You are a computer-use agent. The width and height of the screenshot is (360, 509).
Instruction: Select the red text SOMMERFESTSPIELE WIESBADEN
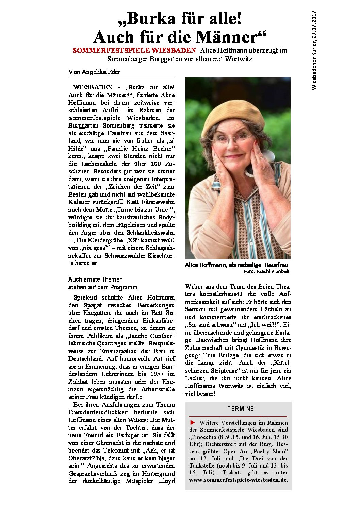point(134,50)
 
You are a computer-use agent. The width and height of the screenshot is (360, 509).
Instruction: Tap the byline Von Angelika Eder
point(94,72)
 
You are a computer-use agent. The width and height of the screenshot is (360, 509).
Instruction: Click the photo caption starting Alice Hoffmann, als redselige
point(236,265)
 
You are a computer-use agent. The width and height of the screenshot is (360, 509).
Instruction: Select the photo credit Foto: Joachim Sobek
point(266,271)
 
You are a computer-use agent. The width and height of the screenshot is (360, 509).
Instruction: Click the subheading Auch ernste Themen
point(95,279)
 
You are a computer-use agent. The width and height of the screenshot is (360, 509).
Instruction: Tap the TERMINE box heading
point(241,409)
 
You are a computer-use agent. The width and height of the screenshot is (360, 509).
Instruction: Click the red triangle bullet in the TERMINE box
point(193,422)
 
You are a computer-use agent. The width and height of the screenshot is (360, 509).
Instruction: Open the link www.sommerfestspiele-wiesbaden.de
point(238,480)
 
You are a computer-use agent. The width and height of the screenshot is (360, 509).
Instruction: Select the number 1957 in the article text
point(157,374)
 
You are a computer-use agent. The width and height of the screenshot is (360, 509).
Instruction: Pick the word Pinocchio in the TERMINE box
point(203,437)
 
